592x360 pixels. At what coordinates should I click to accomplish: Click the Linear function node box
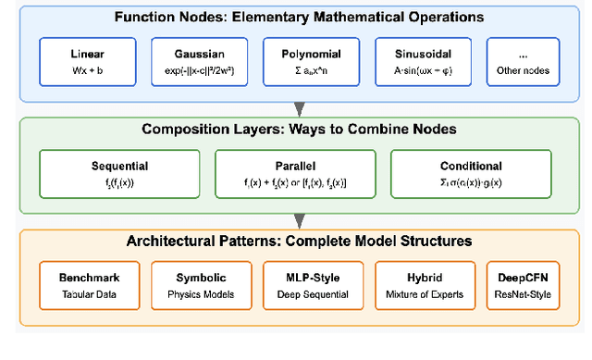(x=88, y=62)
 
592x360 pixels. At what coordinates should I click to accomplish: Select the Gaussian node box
(x=200, y=62)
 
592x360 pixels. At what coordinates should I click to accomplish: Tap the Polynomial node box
(x=312, y=62)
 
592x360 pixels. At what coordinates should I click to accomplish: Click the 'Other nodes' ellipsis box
(x=523, y=62)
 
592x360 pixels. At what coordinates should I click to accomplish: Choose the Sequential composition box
(x=120, y=174)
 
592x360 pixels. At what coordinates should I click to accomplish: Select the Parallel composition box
(x=298, y=174)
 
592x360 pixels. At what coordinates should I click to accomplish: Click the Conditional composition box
(x=471, y=174)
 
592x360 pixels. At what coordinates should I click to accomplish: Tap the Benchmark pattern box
(x=88, y=286)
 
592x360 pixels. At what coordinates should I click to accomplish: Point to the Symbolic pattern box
(x=200, y=286)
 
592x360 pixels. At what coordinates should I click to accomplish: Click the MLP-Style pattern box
(x=312, y=286)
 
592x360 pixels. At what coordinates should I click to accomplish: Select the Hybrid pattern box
(x=424, y=286)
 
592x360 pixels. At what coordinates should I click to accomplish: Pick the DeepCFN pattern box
(x=523, y=286)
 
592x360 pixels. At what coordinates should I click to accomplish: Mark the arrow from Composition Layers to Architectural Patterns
(x=299, y=219)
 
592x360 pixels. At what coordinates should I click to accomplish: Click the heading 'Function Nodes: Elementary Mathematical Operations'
(x=299, y=17)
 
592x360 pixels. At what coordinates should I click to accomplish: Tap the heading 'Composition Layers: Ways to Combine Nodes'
(x=299, y=130)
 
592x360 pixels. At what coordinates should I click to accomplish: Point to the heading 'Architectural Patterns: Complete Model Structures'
(x=299, y=242)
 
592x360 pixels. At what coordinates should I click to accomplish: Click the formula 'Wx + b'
(x=88, y=70)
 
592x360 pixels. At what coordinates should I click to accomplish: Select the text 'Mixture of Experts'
(x=424, y=295)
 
